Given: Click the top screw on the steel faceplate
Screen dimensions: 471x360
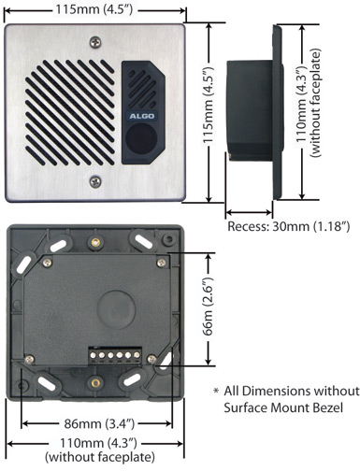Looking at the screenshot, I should tap(94, 42).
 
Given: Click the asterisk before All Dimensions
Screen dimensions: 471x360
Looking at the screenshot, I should tap(218, 390).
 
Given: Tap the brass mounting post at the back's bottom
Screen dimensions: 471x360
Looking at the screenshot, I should tap(94, 382).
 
